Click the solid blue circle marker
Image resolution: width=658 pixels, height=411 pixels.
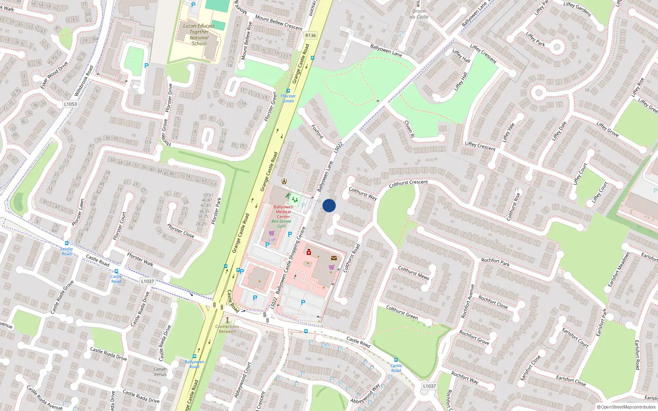point(329,205)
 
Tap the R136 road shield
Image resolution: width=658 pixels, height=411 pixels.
point(310,35)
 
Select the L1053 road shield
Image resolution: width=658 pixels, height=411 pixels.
point(70,104)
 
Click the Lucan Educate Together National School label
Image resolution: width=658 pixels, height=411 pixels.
point(199,35)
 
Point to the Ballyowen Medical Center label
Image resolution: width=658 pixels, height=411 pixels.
point(283,212)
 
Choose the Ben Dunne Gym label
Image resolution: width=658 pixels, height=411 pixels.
point(281,224)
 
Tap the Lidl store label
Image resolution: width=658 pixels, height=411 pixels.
point(272,240)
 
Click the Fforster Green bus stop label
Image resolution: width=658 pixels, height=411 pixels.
point(288,98)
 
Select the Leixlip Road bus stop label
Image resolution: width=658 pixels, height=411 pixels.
point(67,251)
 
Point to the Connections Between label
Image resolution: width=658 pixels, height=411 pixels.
point(227,329)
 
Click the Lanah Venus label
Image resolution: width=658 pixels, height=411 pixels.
point(160,372)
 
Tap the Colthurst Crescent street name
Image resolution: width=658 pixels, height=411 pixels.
point(408,183)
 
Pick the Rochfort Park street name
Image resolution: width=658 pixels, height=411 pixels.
point(495,262)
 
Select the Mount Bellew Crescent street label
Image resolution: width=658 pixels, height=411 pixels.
point(278,23)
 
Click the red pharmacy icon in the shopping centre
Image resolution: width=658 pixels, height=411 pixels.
point(309,252)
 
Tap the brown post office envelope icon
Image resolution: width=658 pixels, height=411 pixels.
point(334,258)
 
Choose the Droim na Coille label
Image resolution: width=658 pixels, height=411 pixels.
point(419,14)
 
